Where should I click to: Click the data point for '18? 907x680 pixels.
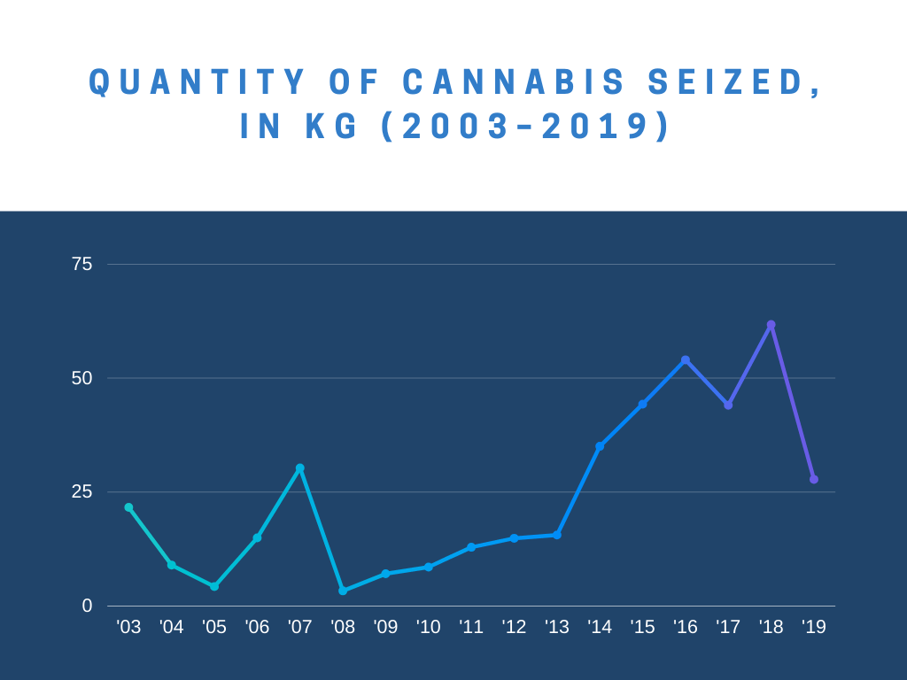771,325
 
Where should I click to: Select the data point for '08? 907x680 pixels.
343,591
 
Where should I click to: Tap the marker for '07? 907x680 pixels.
299,468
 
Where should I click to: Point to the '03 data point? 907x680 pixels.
128,507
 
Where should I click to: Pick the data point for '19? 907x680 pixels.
814,479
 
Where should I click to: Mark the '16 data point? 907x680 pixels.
686,360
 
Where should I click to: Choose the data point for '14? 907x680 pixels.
600,446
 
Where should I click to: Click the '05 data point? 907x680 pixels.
214,586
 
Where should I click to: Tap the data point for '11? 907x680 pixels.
471,547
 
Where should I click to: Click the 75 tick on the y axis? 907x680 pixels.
81,264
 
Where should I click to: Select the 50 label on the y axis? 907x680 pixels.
81,378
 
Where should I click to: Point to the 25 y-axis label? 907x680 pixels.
81,491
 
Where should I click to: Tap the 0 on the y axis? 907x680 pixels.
87,606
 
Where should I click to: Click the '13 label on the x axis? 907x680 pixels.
556,627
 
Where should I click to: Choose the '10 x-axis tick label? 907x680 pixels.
428,627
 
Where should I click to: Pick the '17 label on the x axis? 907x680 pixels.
728,627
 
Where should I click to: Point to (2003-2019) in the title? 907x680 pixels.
526,127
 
